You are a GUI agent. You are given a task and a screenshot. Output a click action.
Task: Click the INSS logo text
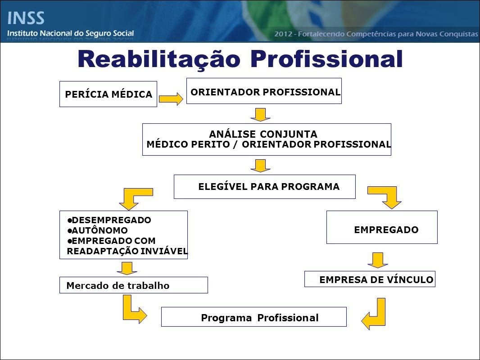(x=26, y=18)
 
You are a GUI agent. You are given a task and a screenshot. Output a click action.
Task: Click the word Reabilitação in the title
(x=159, y=59)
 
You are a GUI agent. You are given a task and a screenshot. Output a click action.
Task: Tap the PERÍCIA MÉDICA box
(x=108, y=94)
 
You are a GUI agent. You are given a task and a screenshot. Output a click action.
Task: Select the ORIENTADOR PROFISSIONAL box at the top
(x=264, y=91)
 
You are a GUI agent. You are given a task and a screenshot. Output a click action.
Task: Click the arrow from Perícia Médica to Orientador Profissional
(x=171, y=99)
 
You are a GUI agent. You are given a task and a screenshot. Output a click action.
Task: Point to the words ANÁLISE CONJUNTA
(x=263, y=134)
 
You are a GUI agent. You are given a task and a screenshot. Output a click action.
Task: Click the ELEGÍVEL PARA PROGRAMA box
(x=264, y=187)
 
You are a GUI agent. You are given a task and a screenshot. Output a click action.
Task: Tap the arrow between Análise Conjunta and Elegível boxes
(x=260, y=166)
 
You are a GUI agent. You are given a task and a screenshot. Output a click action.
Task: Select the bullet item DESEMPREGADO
(x=109, y=220)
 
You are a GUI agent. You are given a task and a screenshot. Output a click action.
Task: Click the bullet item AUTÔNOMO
(x=97, y=230)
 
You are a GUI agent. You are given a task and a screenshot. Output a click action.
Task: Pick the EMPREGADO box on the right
(x=382, y=227)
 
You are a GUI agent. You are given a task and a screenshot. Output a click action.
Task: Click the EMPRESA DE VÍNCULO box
(x=370, y=279)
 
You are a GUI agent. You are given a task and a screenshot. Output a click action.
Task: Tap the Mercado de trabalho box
(x=133, y=285)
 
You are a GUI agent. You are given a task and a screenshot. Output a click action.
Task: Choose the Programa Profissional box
(x=254, y=317)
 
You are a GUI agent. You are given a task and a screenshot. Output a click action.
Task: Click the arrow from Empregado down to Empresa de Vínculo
(x=378, y=260)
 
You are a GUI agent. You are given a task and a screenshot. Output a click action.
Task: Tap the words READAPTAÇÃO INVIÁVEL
(x=127, y=251)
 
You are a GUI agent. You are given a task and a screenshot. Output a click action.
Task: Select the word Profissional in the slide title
(x=326, y=59)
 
